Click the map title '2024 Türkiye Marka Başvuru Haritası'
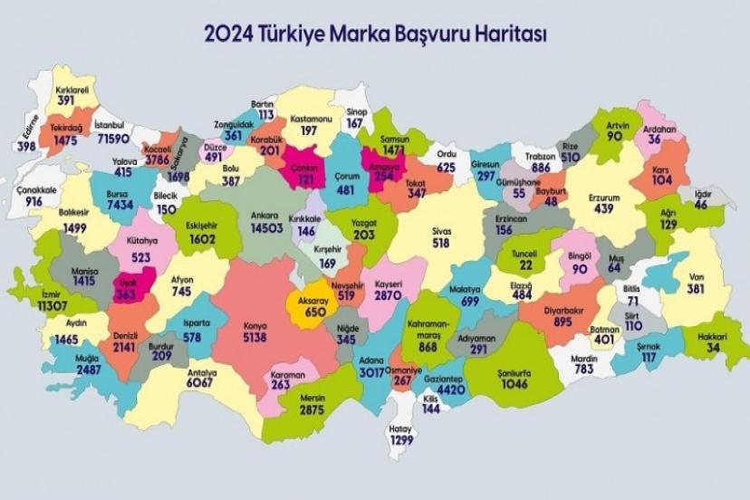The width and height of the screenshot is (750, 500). click(375, 34)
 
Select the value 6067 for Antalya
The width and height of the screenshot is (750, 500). click(201, 383)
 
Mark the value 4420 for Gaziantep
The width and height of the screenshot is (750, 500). click(444, 390)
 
